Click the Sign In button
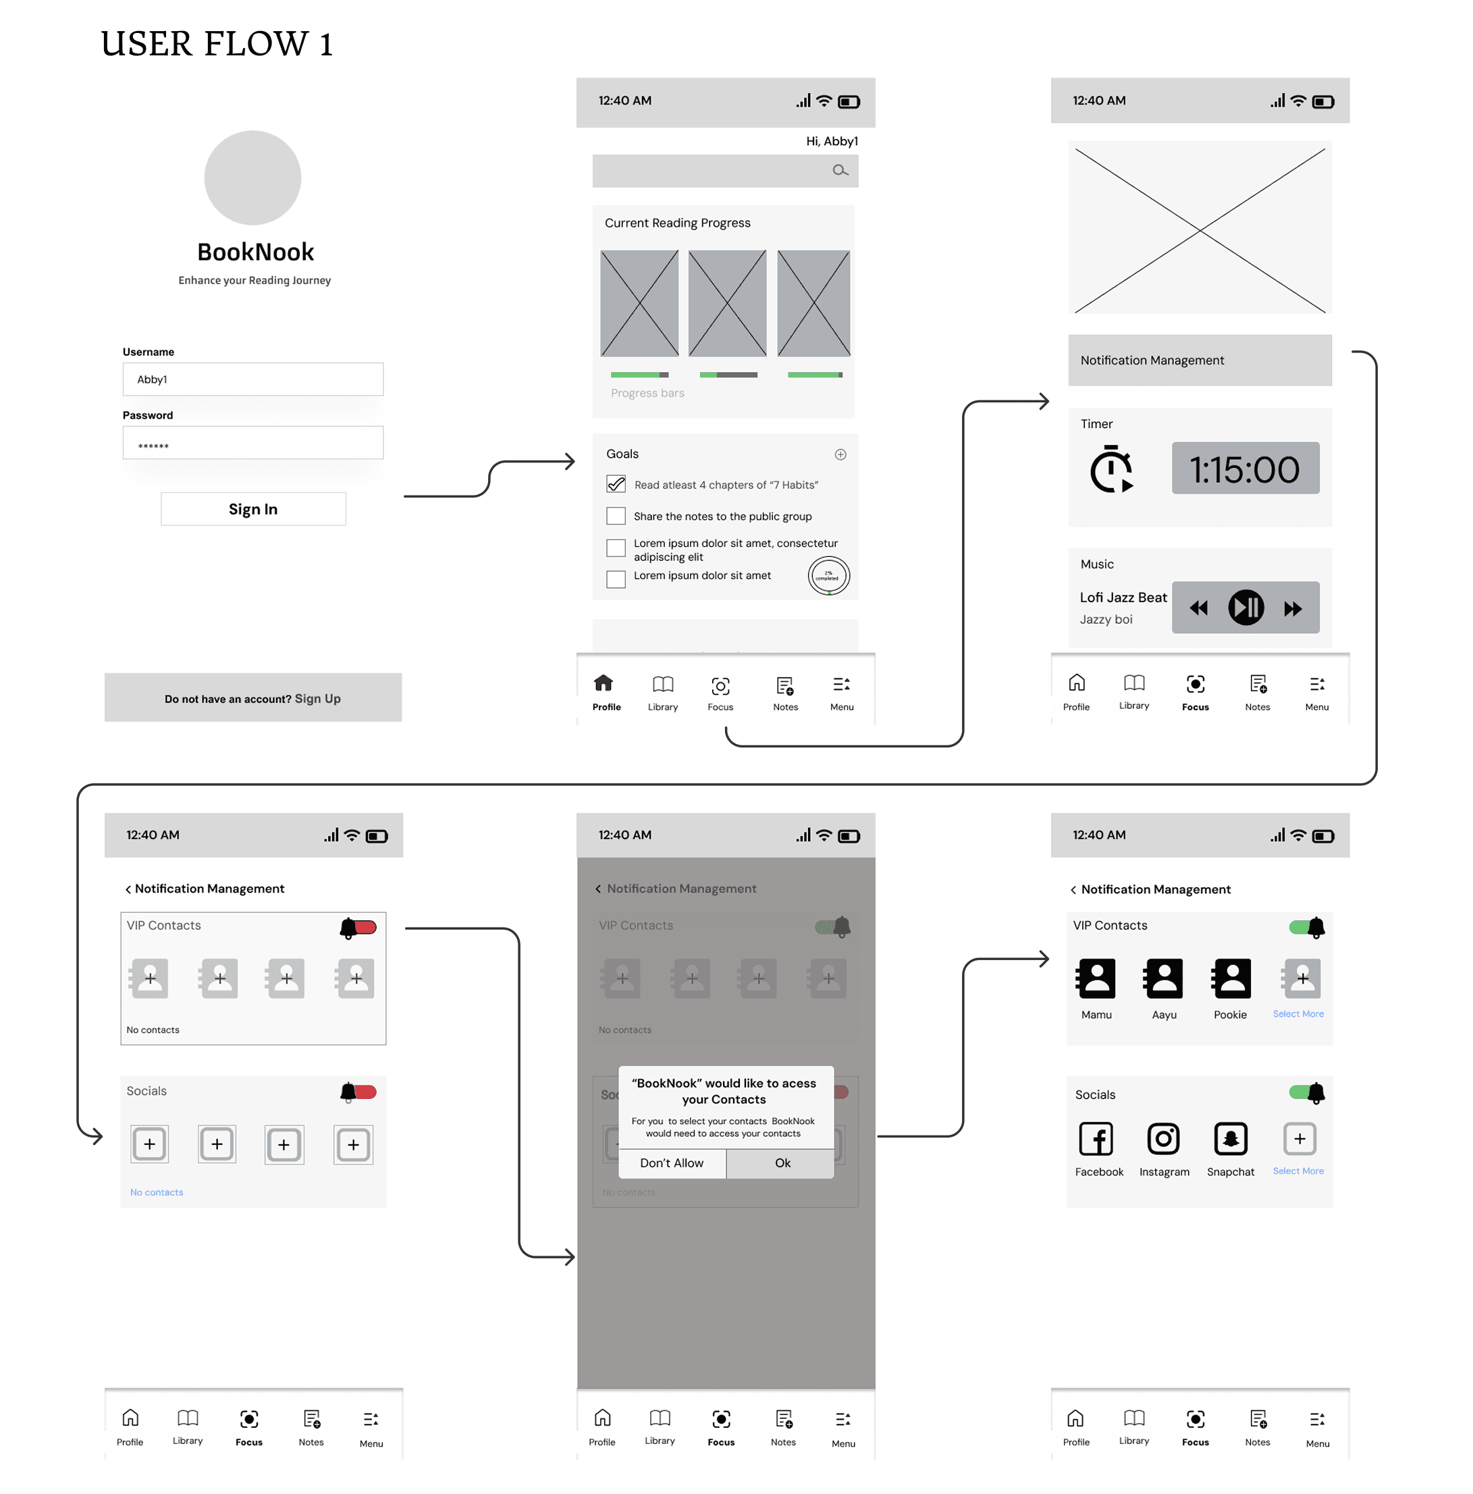click(253, 509)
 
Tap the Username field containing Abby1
click(253, 379)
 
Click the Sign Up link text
click(317, 698)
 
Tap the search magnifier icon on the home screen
click(839, 170)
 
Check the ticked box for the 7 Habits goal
click(616, 484)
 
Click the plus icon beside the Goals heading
click(840, 455)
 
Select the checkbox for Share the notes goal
click(616, 516)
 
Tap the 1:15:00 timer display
click(1245, 469)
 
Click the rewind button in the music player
click(1198, 608)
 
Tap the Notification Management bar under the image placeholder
click(1200, 361)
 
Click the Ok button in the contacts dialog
click(782, 1163)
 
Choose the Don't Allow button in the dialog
click(671, 1163)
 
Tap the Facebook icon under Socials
click(1096, 1138)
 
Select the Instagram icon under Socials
click(1163, 1138)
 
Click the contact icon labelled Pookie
click(1230, 978)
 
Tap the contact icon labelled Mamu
click(1096, 978)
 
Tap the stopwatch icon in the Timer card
click(1111, 469)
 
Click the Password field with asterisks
click(253, 443)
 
